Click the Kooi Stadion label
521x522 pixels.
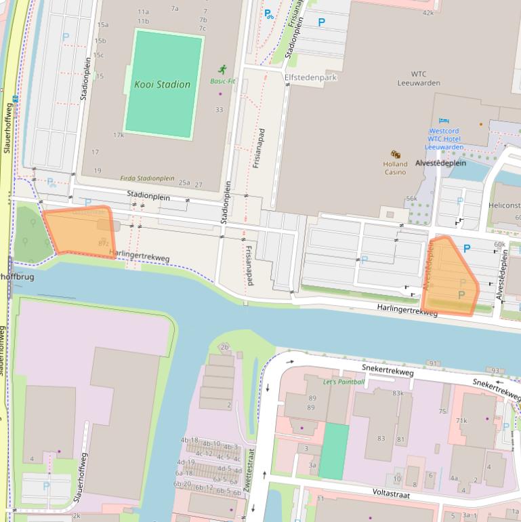(162, 85)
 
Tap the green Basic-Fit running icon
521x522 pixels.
(222, 69)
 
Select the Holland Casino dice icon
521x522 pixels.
(395, 155)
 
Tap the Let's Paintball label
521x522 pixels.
(343, 382)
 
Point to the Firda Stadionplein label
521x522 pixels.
(147, 178)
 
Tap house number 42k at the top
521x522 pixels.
(428, 13)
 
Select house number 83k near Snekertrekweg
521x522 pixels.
(397, 393)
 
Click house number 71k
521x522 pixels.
(461, 420)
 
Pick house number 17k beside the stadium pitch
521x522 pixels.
(118, 135)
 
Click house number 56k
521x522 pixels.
(411, 199)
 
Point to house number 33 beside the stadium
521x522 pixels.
(219, 110)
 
